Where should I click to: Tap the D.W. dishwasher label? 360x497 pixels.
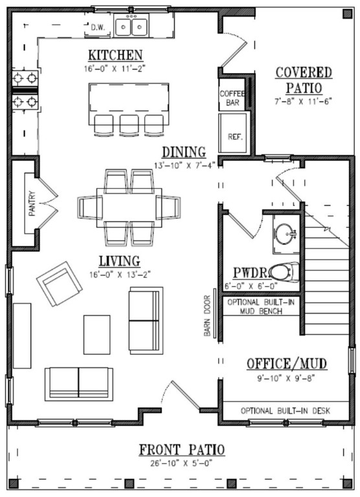98,27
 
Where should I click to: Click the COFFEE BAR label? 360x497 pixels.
232,98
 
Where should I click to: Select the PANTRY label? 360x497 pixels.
31,202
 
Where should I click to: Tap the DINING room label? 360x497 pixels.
184,151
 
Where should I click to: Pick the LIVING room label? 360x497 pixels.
119,261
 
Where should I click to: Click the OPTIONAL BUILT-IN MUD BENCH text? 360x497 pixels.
262,306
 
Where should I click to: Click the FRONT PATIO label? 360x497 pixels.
181,450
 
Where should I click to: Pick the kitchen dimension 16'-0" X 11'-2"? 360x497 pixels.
115,67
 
